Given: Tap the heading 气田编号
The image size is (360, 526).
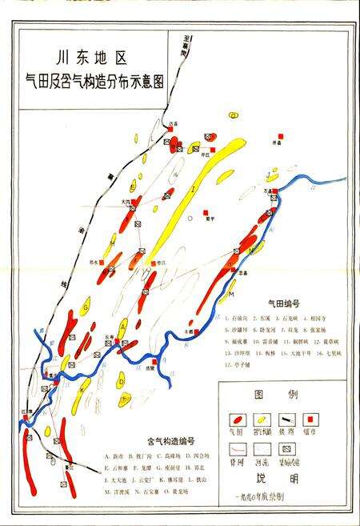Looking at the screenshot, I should (286, 305).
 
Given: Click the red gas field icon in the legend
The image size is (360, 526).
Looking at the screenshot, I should (236, 419).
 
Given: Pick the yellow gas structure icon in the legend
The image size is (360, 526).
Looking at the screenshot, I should (261, 419).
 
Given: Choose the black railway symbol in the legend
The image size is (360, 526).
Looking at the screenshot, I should (286, 419).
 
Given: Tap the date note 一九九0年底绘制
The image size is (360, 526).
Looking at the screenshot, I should (278, 497).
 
